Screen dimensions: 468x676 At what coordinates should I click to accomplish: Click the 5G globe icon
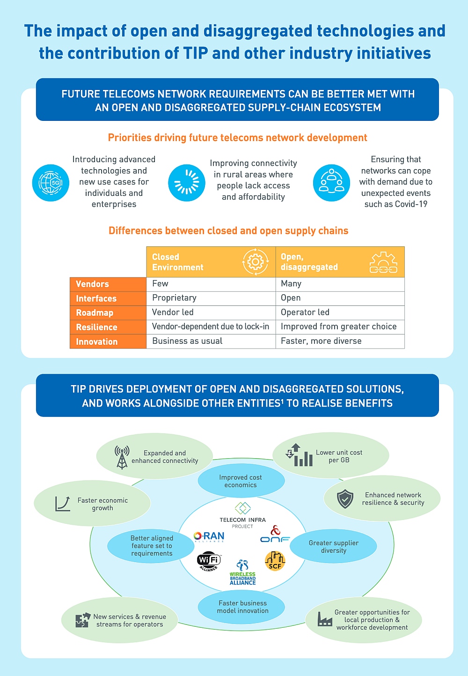click(51, 183)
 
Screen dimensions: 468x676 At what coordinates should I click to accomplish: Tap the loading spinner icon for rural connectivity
click(187, 183)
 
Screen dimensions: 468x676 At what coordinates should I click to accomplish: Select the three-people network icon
click(331, 183)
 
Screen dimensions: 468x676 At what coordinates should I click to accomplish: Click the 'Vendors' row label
click(108, 284)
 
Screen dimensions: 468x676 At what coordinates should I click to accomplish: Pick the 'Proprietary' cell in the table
click(211, 298)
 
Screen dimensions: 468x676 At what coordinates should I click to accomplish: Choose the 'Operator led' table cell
click(340, 312)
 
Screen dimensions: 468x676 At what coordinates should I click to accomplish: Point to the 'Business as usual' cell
click(211, 342)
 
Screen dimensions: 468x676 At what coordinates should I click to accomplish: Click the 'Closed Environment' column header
click(211, 262)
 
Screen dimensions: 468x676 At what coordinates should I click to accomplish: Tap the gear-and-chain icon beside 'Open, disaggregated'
click(383, 262)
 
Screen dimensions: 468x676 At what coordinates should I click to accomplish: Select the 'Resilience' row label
click(108, 327)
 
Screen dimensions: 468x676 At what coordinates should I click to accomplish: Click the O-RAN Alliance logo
click(209, 536)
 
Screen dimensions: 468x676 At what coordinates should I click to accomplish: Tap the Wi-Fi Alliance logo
click(209, 561)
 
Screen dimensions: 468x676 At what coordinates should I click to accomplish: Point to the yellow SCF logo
click(275, 561)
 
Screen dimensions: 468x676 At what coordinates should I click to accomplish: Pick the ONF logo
click(275, 534)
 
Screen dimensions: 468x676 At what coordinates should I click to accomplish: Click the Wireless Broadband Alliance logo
click(242, 572)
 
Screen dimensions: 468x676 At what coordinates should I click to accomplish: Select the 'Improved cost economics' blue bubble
click(241, 481)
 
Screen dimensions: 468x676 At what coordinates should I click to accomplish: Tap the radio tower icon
click(122, 457)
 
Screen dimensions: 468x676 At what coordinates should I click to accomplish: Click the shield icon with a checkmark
click(345, 499)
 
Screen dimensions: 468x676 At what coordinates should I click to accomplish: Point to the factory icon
click(325, 619)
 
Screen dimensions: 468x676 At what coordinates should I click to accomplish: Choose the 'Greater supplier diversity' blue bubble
click(333, 546)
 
